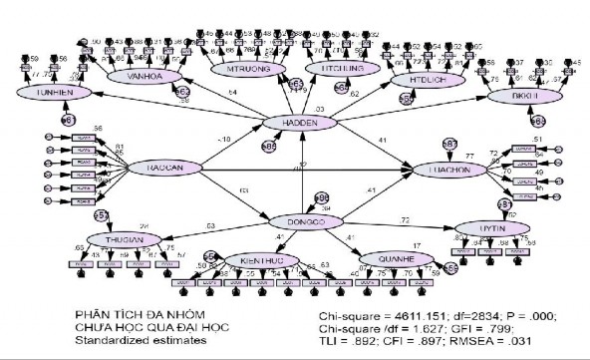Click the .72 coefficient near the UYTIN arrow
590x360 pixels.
point(404,218)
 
